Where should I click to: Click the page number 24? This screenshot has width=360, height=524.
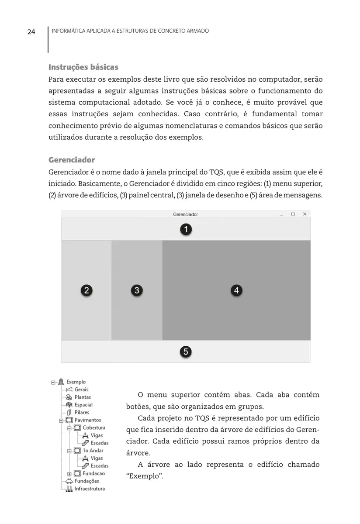point(31,32)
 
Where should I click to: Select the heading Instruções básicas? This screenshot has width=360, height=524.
point(83,67)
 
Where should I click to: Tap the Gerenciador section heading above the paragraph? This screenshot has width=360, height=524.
point(71,160)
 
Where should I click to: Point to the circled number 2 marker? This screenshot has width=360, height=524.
point(87,290)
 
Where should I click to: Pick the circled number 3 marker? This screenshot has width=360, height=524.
point(137,290)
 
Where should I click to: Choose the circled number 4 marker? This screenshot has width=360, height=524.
point(236,290)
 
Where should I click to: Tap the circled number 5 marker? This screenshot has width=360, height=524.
point(186,352)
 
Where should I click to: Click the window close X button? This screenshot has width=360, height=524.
point(305,214)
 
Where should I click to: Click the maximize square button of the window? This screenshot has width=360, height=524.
point(293,214)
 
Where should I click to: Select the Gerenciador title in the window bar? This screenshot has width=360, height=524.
point(185,214)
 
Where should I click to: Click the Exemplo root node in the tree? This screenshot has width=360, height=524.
point(76,382)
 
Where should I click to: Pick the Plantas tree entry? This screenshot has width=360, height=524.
point(83,397)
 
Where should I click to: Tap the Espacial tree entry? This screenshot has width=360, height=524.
point(83,405)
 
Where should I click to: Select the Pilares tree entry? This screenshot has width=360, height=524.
point(82,412)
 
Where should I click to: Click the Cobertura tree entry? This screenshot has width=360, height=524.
point(94,427)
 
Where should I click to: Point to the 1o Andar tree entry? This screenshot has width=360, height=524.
point(93,450)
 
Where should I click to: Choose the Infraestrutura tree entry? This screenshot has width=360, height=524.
point(90,489)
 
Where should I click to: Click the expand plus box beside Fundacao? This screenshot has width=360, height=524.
point(69,474)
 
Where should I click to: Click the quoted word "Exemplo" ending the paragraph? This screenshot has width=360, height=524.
point(144,476)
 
